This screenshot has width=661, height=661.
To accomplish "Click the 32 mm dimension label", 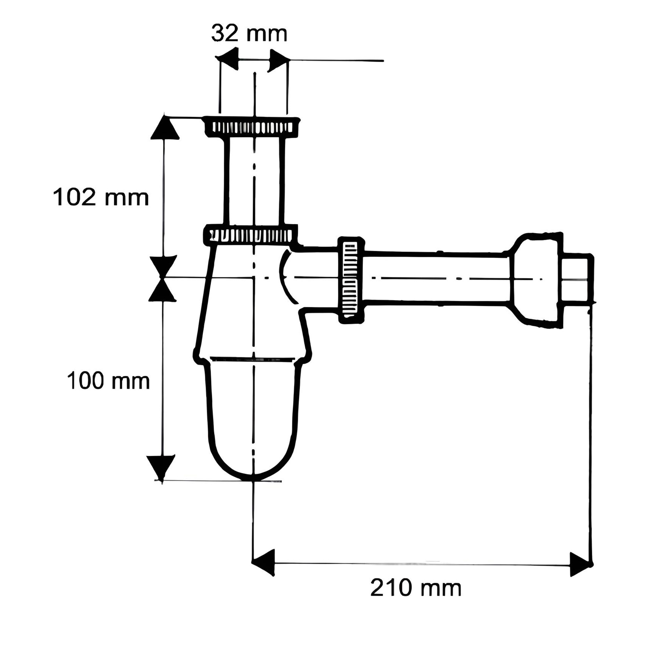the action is point(249,34).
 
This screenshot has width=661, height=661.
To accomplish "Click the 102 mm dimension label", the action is point(101,197).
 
